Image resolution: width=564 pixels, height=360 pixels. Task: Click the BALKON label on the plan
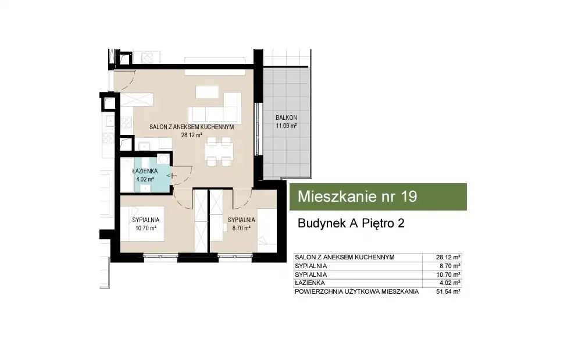click(x=286, y=117)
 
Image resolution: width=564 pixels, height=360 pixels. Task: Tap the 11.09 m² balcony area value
click(x=286, y=126)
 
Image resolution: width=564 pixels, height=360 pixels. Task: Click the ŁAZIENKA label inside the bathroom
click(x=145, y=171)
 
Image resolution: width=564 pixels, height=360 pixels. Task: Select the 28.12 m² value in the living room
click(x=192, y=136)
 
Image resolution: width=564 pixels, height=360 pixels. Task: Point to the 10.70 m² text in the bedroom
click(x=146, y=228)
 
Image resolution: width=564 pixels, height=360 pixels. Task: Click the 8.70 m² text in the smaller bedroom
click(x=241, y=228)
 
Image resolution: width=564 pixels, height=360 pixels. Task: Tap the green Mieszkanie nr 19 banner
click(x=378, y=197)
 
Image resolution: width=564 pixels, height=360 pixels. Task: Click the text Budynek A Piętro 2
click(x=351, y=223)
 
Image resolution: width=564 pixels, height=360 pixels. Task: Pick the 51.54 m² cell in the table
click(x=448, y=292)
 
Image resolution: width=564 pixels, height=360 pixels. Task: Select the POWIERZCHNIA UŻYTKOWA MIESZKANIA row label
click(x=357, y=292)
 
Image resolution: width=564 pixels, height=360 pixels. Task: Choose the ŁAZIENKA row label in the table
click(x=310, y=283)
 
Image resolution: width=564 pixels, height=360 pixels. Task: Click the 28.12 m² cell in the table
click(x=448, y=258)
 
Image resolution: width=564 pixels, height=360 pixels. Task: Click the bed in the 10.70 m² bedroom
click(x=142, y=224)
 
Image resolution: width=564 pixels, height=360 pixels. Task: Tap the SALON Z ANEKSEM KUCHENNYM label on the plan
click(x=192, y=127)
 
